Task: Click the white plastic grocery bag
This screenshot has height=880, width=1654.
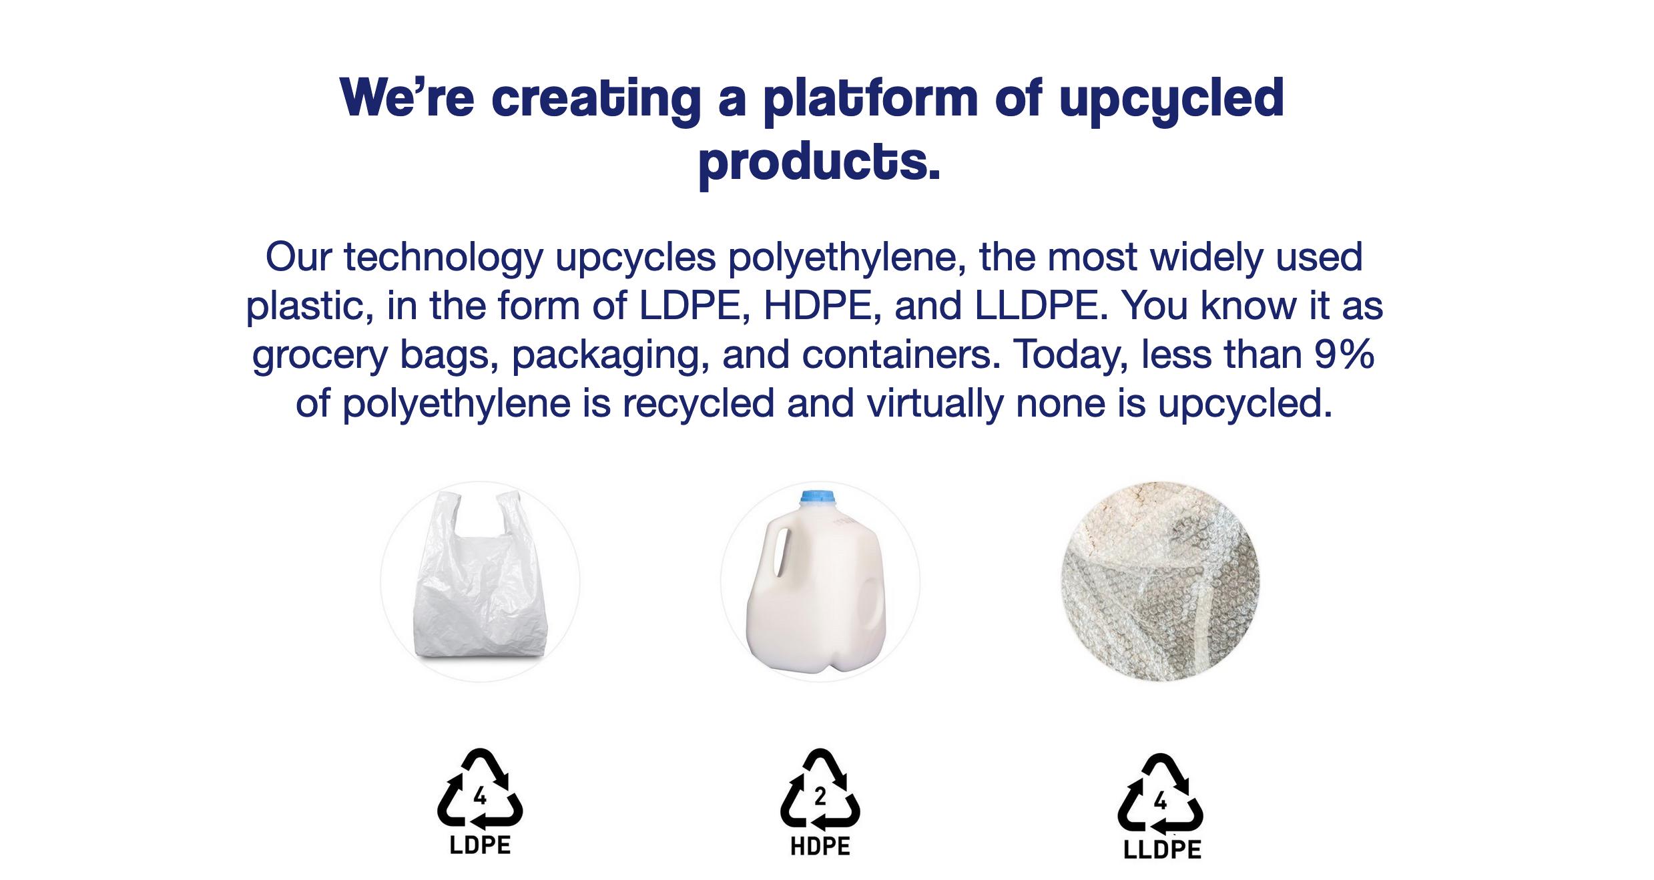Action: pyautogui.click(x=481, y=576)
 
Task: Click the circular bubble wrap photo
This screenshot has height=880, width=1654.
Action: pyautogui.click(x=1160, y=581)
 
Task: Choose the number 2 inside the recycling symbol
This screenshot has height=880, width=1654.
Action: pyautogui.click(x=820, y=796)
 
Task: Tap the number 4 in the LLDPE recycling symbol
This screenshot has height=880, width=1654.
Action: pyautogui.click(x=1161, y=800)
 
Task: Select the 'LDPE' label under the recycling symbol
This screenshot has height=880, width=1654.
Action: pyautogui.click(x=480, y=845)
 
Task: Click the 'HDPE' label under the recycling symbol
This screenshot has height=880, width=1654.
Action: pyautogui.click(x=820, y=847)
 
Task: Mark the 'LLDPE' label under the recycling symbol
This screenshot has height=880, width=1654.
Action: pyautogui.click(x=1162, y=850)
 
